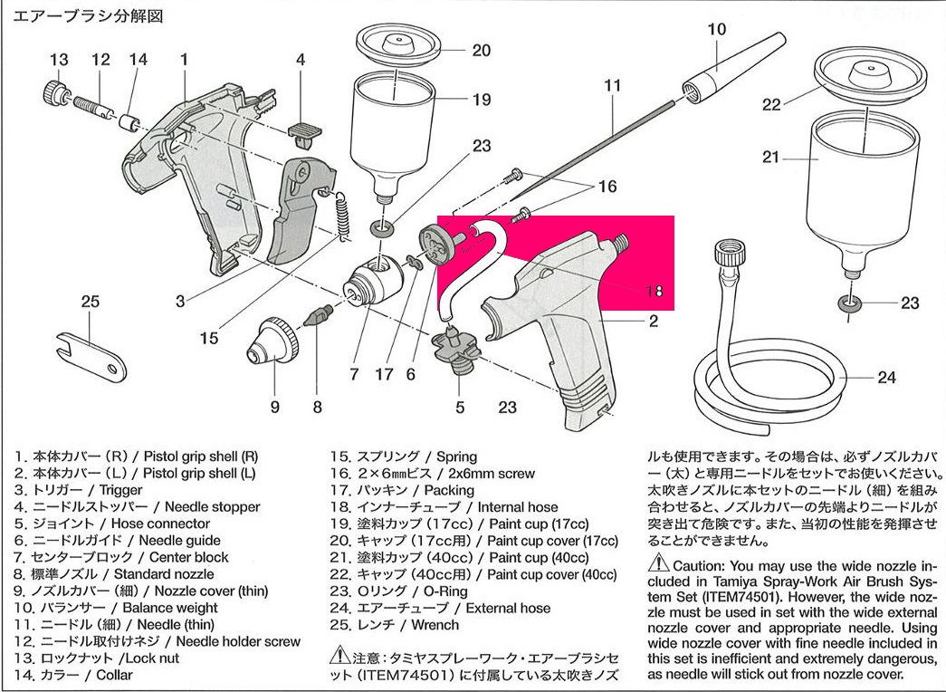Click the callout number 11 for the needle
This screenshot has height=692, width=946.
coord(613,86)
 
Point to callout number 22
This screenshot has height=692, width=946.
coord(770,104)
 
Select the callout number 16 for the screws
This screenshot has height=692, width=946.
coord(607,187)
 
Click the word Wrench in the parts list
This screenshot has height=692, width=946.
coord(435,625)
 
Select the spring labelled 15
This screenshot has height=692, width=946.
coord(342,217)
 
